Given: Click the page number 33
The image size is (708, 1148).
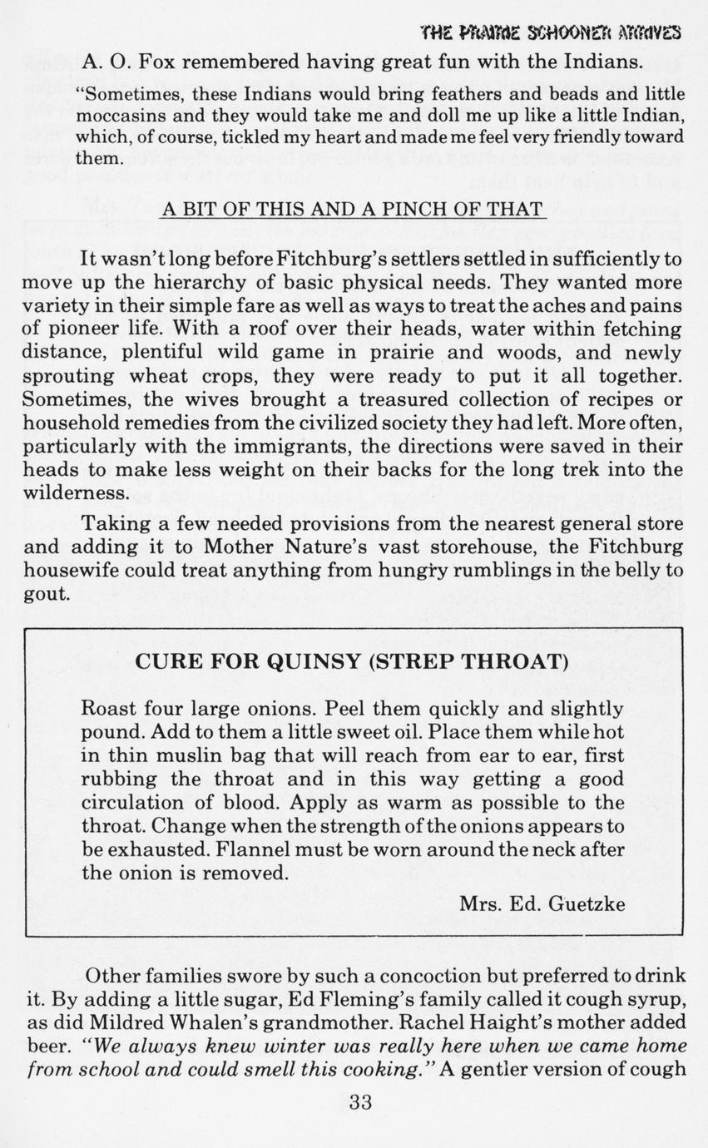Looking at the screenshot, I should click(360, 1103).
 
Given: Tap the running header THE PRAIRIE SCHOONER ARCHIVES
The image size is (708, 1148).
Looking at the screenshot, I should click(552, 32).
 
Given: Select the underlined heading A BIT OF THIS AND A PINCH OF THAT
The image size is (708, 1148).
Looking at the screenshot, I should click(352, 209).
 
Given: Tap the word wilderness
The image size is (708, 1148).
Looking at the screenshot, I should click(76, 492).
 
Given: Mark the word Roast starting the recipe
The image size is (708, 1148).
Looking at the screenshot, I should click(107, 710).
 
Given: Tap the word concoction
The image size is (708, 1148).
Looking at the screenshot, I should click(404, 975).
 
